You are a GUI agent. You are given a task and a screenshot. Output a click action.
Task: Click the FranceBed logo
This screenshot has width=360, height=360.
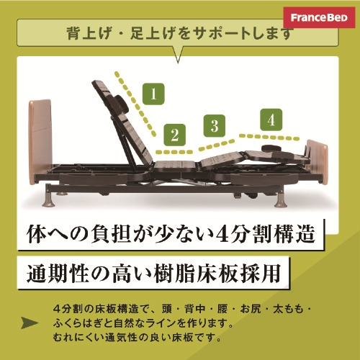[x=319, y=17]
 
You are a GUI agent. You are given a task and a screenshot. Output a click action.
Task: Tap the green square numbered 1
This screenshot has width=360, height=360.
[x=153, y=94]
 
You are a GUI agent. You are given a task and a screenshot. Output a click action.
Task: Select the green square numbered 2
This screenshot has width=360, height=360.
[x=175, y=135]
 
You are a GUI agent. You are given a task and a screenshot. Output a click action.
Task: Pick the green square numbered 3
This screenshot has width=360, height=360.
[x=215, y=125]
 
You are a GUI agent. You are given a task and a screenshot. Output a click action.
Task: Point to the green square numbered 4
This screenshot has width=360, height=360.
[x=271, y=120]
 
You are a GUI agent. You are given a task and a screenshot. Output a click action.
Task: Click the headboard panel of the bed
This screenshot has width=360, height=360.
[x=40, y=142]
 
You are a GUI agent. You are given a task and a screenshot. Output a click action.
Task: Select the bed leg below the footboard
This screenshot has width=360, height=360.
[x=281, y=199]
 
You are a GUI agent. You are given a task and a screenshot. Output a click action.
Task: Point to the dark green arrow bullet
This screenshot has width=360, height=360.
[x=30, y=323]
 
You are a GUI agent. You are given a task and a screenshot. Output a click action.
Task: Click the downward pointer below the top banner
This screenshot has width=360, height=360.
[x=178, y=55]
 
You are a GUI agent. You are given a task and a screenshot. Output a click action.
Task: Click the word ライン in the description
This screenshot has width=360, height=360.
[x=160, y=323]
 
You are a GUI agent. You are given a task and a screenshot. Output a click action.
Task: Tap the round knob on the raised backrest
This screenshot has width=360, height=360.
[x=122, y=104]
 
